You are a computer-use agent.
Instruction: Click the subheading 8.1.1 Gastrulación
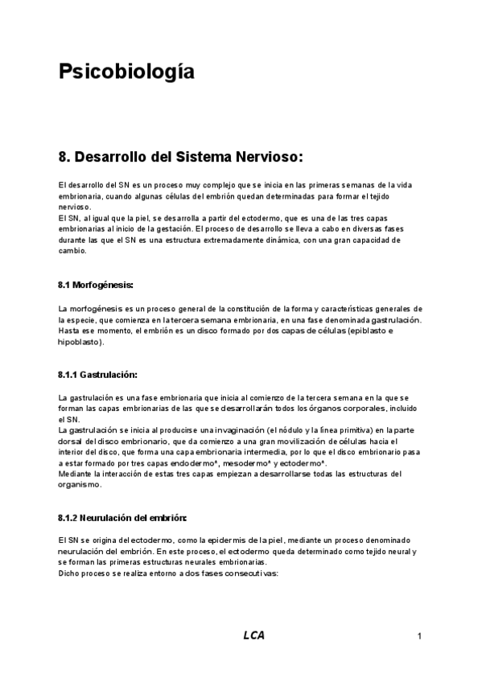pyautogui.click(x=97, y=376)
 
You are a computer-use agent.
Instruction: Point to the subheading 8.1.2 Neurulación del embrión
pyautogui.click(x=122, y=495)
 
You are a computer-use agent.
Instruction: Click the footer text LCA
pyautogui.click(x=253, y=635)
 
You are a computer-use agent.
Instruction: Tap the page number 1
pyautogui.click(x=420, y=637)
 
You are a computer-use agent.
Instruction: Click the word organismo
pyautogui.click(x=80, y=484)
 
